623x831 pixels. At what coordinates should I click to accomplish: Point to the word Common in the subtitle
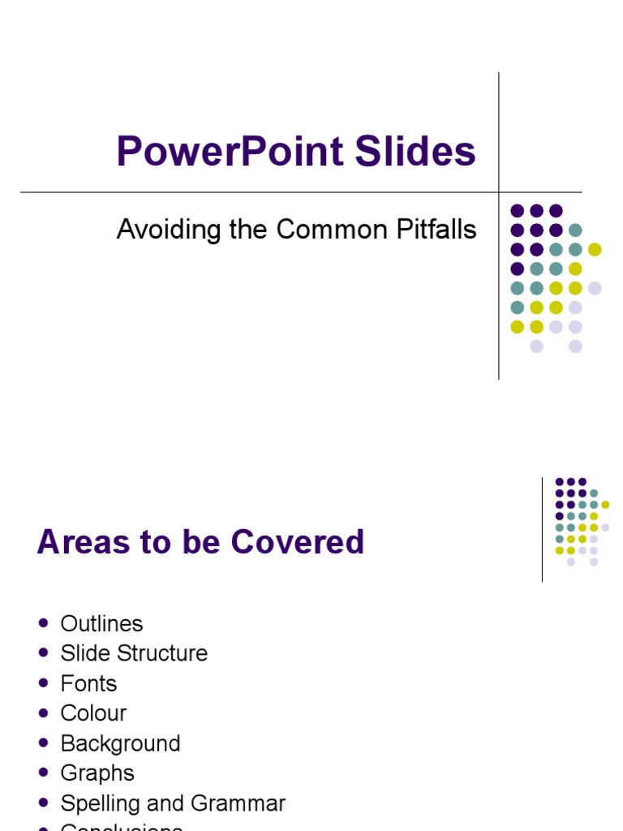click(x=323, y=230)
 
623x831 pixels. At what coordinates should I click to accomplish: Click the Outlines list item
click(x=101, y=623)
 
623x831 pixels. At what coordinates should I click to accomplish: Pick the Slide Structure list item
click(x=134, y=653)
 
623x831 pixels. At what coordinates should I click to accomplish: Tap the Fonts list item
click(x=88, y=683)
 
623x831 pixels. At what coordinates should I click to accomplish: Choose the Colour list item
click(x=93, y=713)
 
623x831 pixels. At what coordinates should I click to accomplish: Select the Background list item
click(x=120, y=743)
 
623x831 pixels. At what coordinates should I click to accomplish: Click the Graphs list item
click(x=97, y=773)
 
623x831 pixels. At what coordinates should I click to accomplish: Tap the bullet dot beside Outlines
click(x=44, y=623)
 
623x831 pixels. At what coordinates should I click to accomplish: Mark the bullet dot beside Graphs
click(x=44, y=773)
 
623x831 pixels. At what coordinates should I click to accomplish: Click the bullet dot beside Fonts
click(x=44, y=683)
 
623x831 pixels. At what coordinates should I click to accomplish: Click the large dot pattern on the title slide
click(x=555, y=278)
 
